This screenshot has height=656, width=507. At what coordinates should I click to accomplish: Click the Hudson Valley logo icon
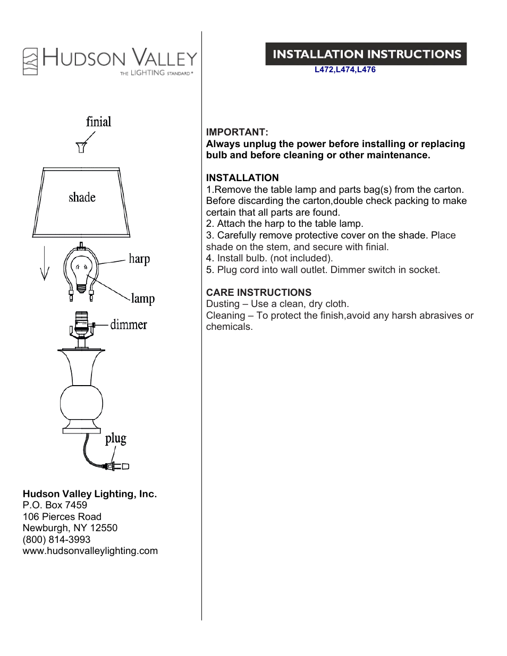[30, 61]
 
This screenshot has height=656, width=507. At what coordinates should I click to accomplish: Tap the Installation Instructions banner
[366, 54]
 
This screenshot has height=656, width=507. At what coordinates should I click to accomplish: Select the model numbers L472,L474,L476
[345, 70]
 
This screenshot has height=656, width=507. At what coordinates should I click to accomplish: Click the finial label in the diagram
[99, 122]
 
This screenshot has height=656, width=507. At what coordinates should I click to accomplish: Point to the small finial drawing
[81, 147]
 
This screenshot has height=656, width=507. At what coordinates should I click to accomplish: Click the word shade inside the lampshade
[82, 198]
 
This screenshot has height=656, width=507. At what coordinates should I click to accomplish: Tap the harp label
[139, 259]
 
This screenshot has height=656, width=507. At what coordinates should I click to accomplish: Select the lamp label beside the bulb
[143, 299]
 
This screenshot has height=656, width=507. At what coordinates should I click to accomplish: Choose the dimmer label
[129, 325]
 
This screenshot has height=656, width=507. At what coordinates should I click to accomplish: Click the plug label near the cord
[115, 439]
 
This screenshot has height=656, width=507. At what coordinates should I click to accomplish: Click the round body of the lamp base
[81, 403]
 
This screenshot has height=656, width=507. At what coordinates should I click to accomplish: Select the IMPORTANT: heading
[237, 132]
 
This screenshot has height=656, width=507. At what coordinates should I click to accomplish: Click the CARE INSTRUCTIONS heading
[259, 293]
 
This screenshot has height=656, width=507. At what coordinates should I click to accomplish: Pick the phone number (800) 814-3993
[57, 540]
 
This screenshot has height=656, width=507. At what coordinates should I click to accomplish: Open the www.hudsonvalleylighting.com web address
[90, 551]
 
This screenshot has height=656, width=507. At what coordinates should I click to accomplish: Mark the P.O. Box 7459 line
[55, 505]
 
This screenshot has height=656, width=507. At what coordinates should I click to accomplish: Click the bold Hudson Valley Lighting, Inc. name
[90, 494]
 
